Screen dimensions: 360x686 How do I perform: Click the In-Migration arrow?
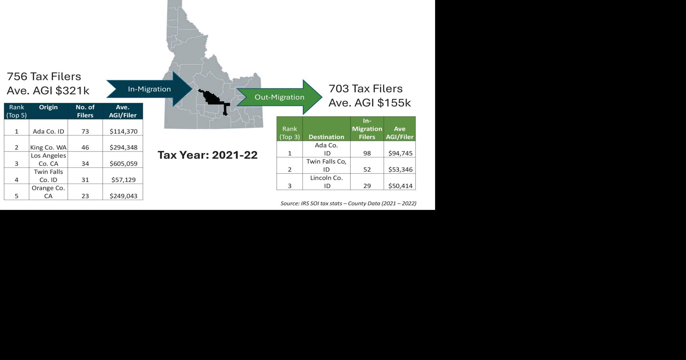pyautogui.click(x=149, y=89)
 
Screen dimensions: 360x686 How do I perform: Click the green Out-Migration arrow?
pyautogui.click(x=279, y=97)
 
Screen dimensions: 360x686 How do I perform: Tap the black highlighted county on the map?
pyautogui.click(x=212, y=98)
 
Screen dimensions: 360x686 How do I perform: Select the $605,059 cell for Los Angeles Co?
pyautogui.click(x=123, y=164)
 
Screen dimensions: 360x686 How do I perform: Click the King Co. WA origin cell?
pyautogui.click(x=48, y=148)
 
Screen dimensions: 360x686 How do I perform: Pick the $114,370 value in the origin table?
pyautogui.click(x=123, y=131)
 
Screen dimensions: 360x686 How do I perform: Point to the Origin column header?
pyautogui.click(x=48, y=107)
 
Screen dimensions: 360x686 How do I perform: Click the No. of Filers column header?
pyautogui.click(x=85, y=111)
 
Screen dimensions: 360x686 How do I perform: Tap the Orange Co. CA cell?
pyautogui.click(x=48, y=192)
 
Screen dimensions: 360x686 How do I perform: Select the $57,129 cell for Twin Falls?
pyautogui.click(x=123, y=180)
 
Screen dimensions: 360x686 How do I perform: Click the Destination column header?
pyautogui.click(x=326, y=137)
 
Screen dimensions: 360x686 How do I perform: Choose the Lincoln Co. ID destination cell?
pyautogui.click(x=326, y=182)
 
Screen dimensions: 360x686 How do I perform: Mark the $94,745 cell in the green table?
pyautogui.click(x=400, y=153)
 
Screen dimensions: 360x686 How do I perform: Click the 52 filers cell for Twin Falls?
pyautogui.click(x=367, y=169)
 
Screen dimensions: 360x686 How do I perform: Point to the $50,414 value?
pyautogui.click(x=400, y=186)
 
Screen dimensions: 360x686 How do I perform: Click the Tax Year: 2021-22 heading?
pyautogui.click(x=207, y=155)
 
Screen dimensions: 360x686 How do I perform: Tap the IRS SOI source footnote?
pyautogui.click(x=348, y=203)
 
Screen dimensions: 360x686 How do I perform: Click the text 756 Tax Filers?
pyautogui.click(x=44, y=76)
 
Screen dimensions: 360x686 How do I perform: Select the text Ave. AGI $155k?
pyautogui.click(x=369, y=103)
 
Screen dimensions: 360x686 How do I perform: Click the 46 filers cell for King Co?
pyautogui.click(x=85, y=148)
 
